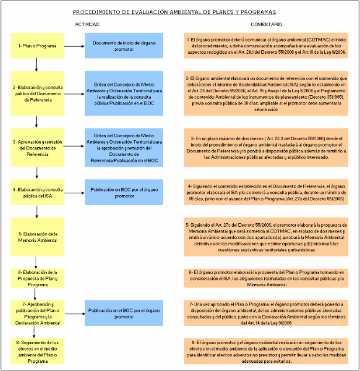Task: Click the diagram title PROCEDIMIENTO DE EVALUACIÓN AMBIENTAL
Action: [x=174, y=12]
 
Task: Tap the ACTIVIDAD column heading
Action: [x=88, y=25]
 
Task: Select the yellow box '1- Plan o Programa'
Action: [x=37, y=45]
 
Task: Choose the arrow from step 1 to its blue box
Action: [x=74, y=45]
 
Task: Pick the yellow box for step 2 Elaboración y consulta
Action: [x=37, y=93]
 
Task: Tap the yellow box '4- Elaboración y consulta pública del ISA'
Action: [x=37, y=192]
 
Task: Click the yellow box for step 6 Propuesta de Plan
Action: [x=37, y=279]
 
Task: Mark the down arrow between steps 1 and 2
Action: [x=37, y=64]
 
